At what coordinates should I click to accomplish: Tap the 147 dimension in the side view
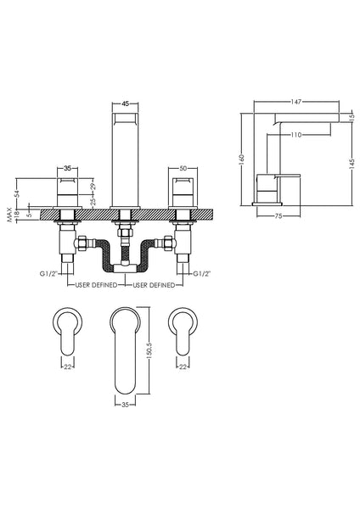tap(295, 100)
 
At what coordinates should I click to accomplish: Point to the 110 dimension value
tap(296, 136)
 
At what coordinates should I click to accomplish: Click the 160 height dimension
tap(243, 158)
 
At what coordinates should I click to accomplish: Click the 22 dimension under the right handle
tap(183, 366)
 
